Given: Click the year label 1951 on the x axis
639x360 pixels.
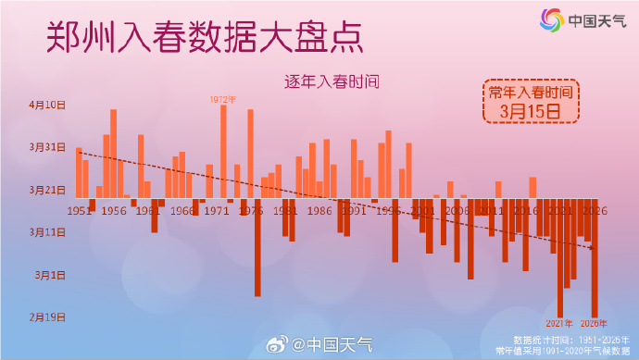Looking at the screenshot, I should pos(80,211).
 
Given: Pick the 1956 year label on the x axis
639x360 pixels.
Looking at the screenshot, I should pos(114,211).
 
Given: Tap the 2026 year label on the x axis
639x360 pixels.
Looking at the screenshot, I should pos(594,211).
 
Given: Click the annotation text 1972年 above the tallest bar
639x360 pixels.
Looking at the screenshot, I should pos(223,99).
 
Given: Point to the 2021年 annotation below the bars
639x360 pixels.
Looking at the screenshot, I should pos(559,323).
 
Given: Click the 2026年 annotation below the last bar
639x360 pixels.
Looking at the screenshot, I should pos(594,323).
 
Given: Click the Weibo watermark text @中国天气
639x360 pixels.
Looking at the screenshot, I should pos(332,346).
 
